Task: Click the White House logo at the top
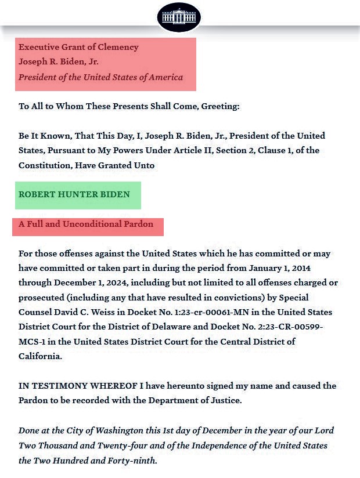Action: [x=179, y=17]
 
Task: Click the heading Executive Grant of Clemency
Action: [x=78, y=47]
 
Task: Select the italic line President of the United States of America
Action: [x=100, y=77]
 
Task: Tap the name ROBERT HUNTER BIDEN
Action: [x=74, y=194]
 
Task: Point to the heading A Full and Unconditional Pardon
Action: [x=86, y=224]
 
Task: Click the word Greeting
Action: [x=219, y=107]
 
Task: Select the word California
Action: [x=39, y=356]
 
